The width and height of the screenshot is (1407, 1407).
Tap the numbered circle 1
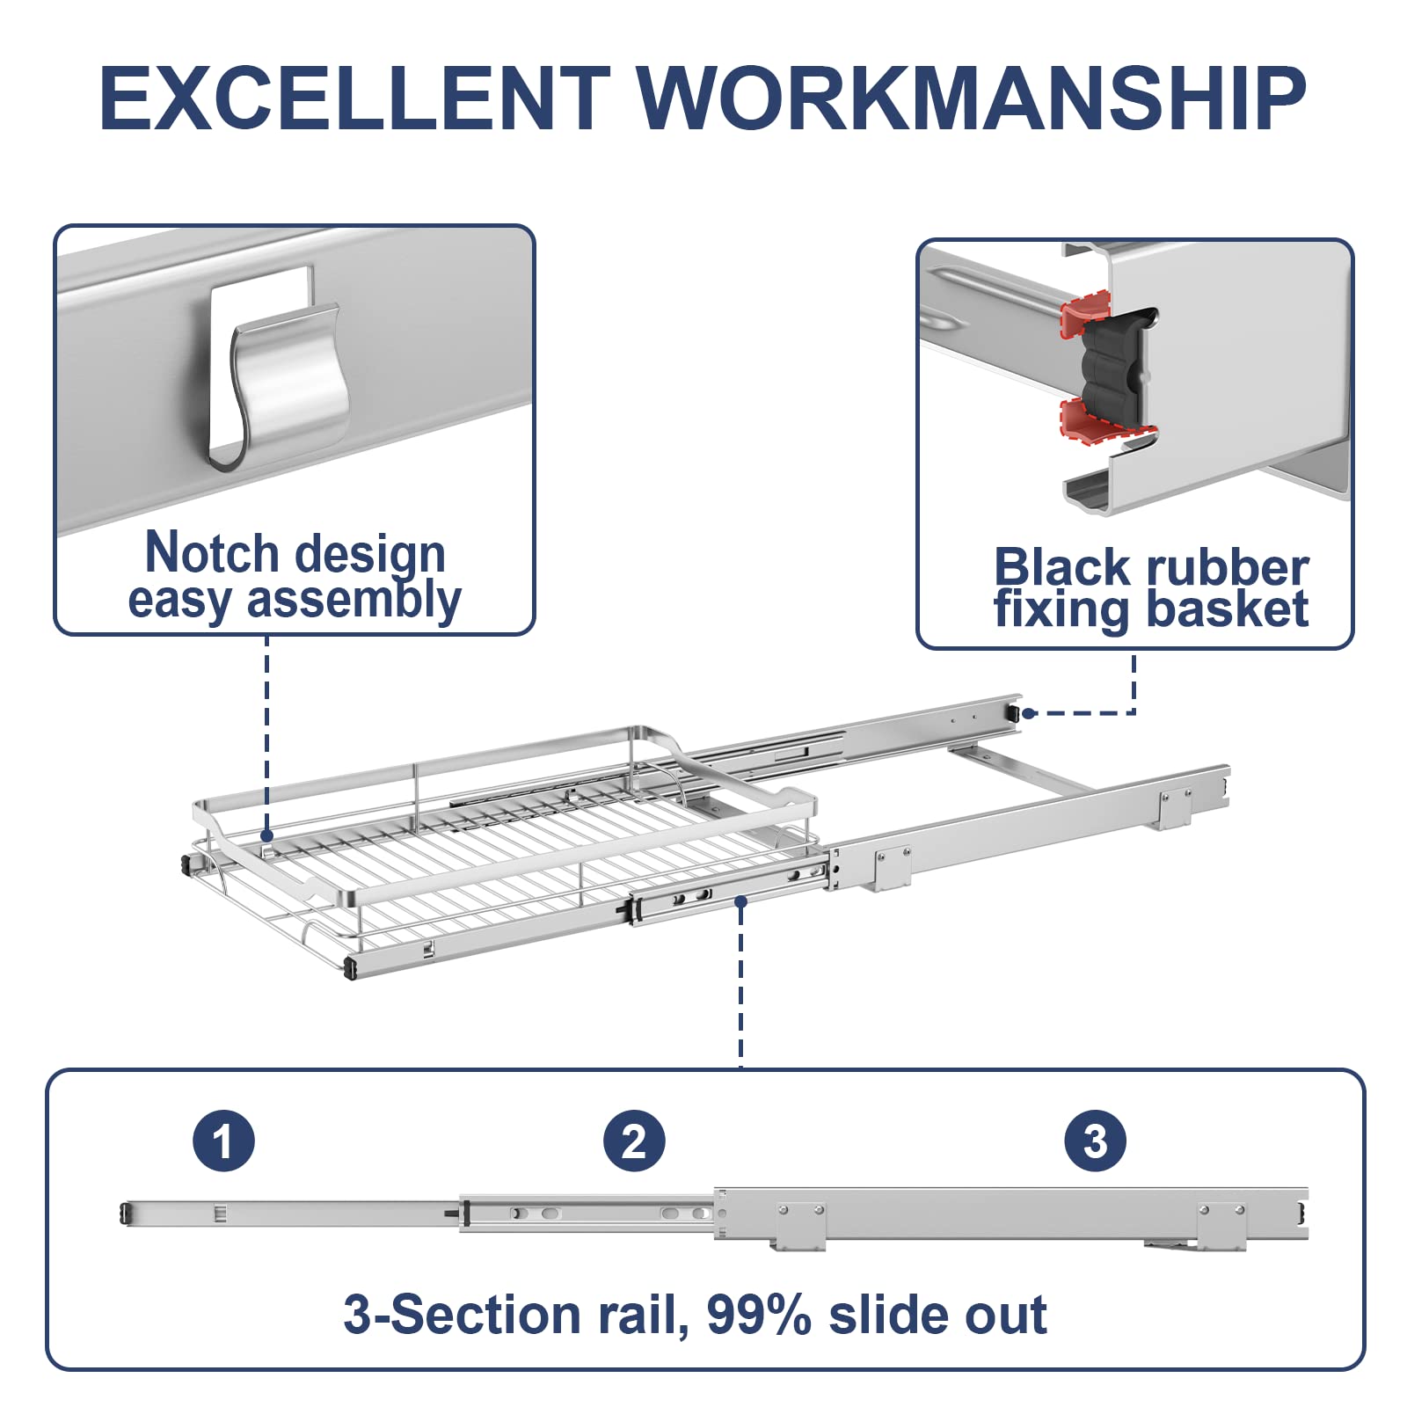click(223, 1141)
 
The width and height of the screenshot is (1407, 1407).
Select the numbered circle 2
click(634, 1141)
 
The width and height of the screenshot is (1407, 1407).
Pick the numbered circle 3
click(1095, 1141)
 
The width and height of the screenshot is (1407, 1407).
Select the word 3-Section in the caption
click(463, 1316)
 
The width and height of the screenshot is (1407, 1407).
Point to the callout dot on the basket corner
click(267, 836)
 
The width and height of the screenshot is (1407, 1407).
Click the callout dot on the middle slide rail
click(741, 901)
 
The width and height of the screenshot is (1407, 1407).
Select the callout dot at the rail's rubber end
click(1028, 713)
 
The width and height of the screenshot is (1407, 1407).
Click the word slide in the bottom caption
click(886, 1316)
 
